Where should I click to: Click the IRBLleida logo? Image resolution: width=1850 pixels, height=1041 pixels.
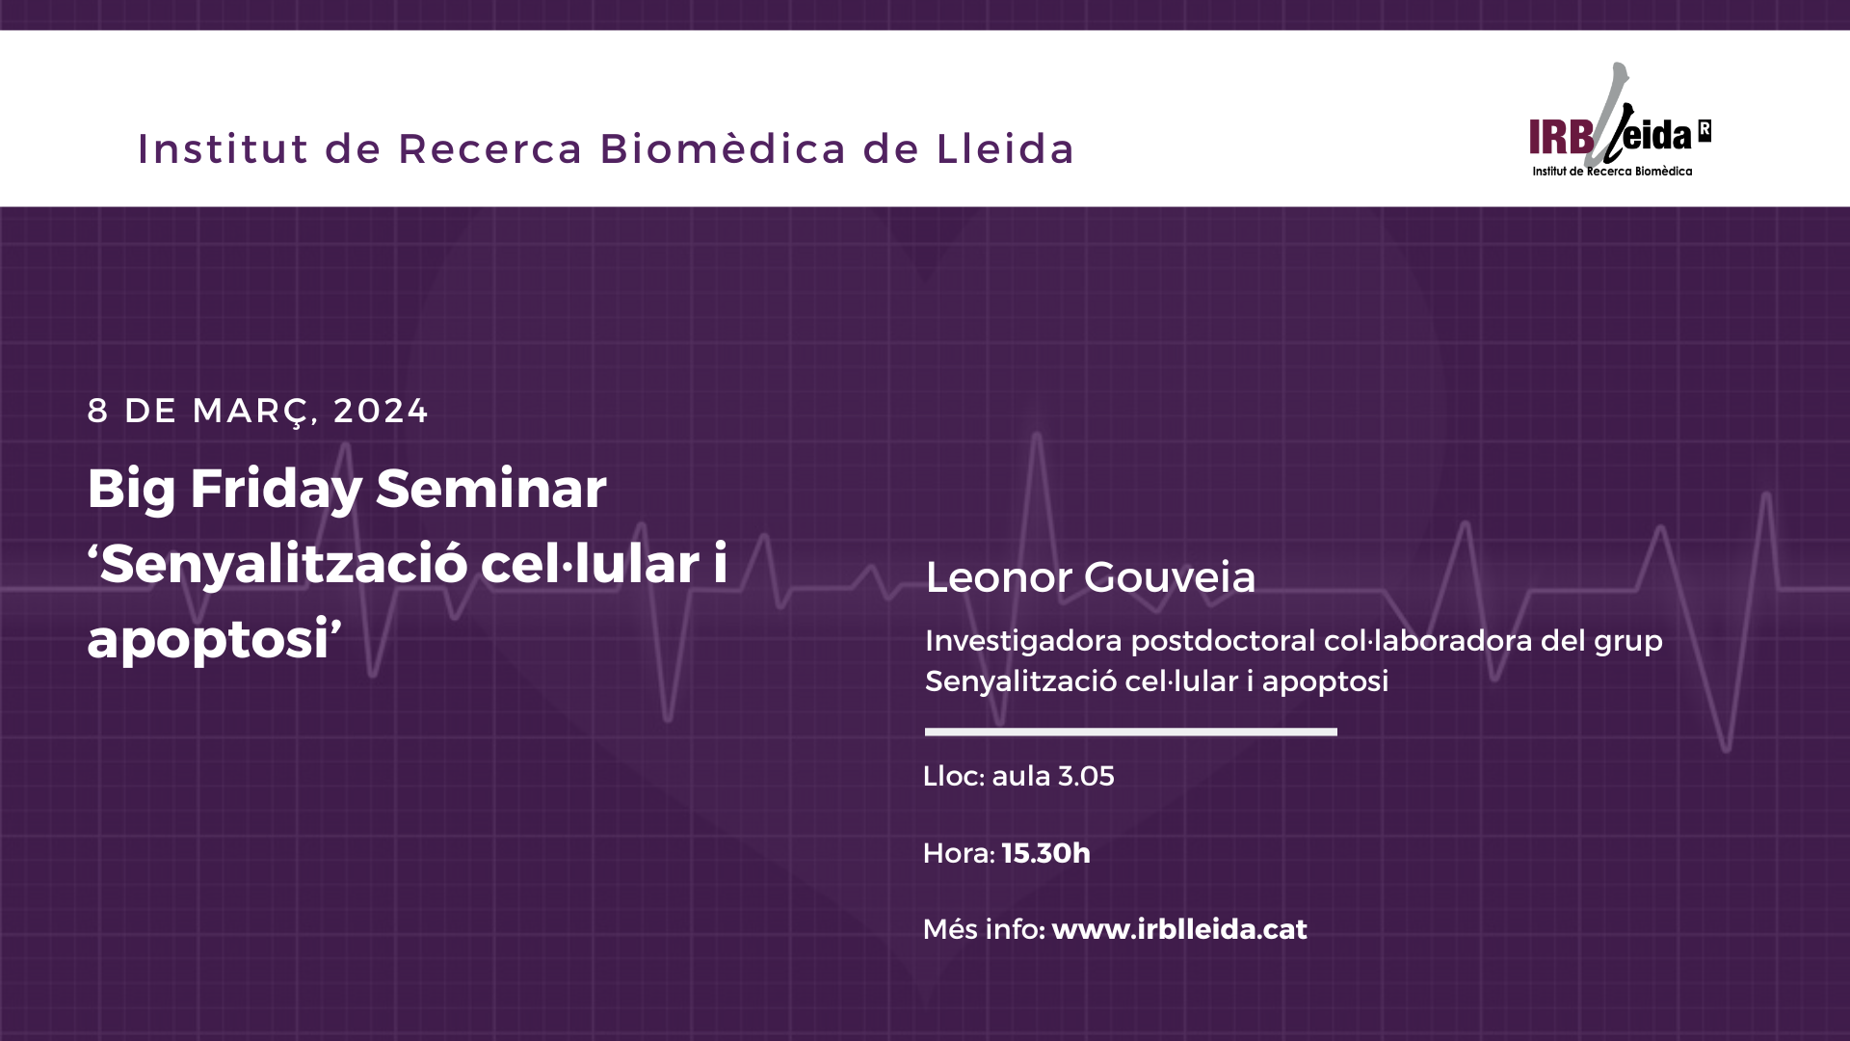(x=1620, y=121)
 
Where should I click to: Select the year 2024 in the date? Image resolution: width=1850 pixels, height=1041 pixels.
(x=381, y=411)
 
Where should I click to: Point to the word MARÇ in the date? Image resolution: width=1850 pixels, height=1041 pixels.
(x=252, y=412)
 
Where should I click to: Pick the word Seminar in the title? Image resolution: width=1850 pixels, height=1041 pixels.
(x=491, y=488)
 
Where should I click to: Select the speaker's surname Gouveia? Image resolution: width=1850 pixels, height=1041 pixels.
(x=1170, y=577)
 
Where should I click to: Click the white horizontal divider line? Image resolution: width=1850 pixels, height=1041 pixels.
(x=1131, y=732)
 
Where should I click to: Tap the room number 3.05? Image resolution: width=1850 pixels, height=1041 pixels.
(x=1086, y=776)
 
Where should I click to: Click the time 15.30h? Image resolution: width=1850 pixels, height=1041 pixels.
(x=1046, y=853)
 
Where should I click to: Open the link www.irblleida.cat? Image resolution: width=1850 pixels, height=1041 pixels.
(x=1179, y=929)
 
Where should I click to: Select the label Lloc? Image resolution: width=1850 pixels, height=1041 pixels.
(x=954, y=776)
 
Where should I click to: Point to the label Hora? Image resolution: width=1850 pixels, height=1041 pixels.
(x=959, y=853)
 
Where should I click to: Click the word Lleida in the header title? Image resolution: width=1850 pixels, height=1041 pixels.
(x=1005, y=148)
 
